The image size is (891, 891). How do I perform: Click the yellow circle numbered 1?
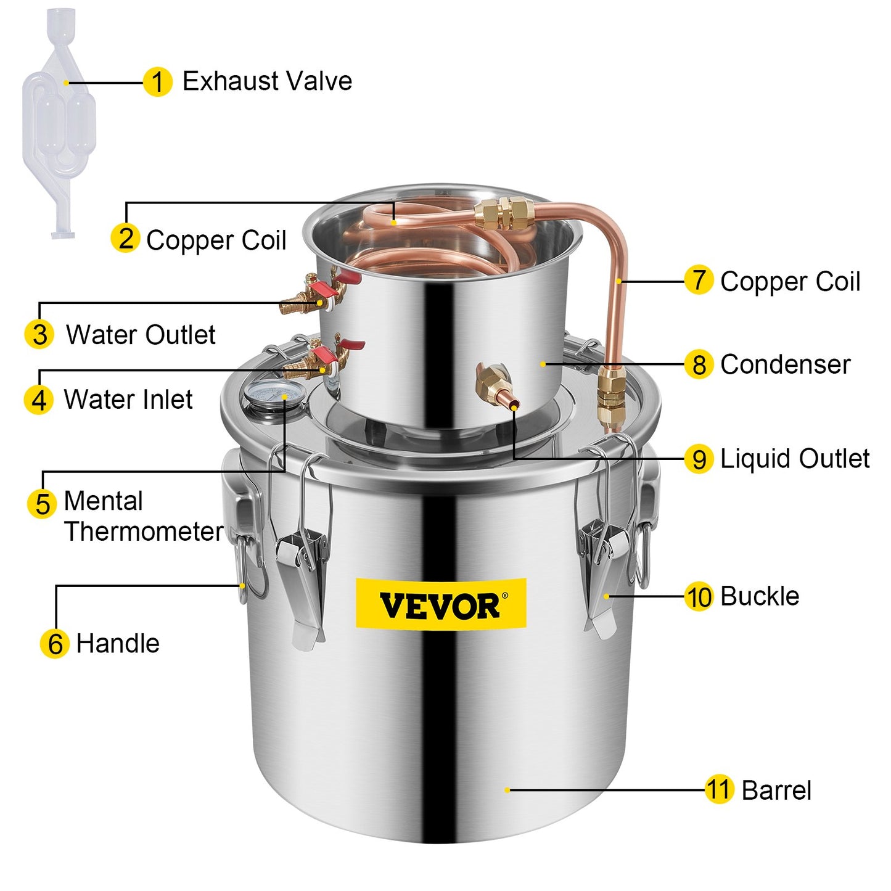[x=157, y=82]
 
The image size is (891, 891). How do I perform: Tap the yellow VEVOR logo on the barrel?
[x=441, y=604]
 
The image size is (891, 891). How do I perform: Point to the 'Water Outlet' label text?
[x=141, y=335]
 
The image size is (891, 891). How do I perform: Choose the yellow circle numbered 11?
[x=719, y=789]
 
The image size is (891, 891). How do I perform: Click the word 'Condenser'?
[x=785, y=364]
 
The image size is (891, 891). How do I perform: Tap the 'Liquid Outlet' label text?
[x=794, y=459]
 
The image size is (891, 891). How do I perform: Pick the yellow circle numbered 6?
[x=55, y=644]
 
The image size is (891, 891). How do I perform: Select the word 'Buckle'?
[x=759, y=596]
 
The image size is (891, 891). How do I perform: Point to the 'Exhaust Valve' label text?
[x=267, y=81]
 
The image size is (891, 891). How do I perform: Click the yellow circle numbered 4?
[x=38, y=400]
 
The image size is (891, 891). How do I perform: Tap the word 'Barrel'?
[x=776, y=790]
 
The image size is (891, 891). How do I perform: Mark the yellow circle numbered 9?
[x=699, y=459]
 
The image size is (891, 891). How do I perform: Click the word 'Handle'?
[x=118, y=644]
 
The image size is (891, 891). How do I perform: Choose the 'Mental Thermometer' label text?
[x=143, y=516]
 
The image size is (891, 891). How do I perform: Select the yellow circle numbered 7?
[x=699, y=280]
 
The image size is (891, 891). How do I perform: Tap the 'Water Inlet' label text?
[x=128, y=400]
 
